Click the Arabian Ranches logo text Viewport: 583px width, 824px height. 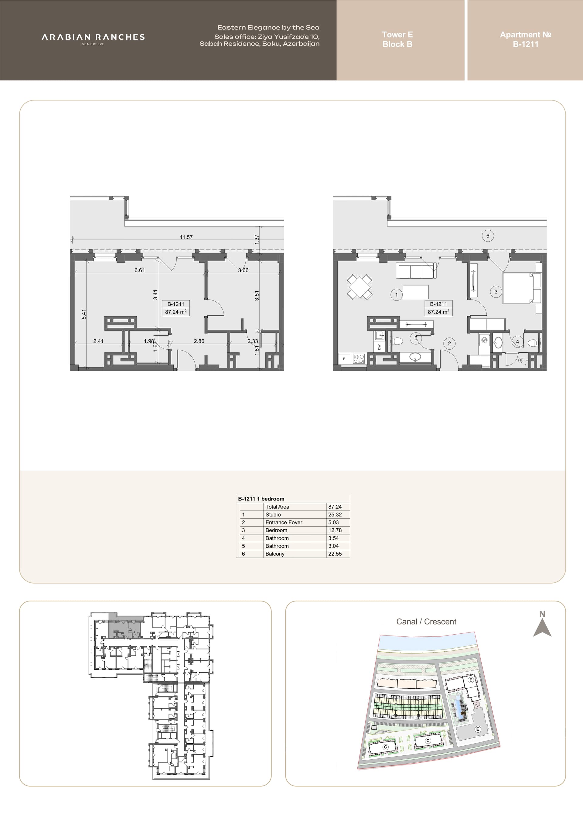(93, 37)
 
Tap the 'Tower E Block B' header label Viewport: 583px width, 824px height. (397, 39)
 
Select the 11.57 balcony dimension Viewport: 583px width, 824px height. (186, 237)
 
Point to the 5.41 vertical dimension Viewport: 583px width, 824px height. (84, 314)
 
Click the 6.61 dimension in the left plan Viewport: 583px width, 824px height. (140, 270)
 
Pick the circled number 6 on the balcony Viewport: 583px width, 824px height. (488, 236)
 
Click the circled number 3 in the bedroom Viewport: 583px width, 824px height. (496, 292)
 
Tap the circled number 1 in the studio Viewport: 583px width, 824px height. (396, 295)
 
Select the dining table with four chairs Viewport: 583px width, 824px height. (359, 287)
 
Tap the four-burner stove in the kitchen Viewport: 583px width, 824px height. (359, 358)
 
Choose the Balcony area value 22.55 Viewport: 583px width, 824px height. (335, 554)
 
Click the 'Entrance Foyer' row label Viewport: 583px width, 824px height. (284, 523)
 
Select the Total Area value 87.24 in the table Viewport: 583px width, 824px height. (335, 507)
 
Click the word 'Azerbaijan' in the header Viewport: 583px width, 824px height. (301, 44)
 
